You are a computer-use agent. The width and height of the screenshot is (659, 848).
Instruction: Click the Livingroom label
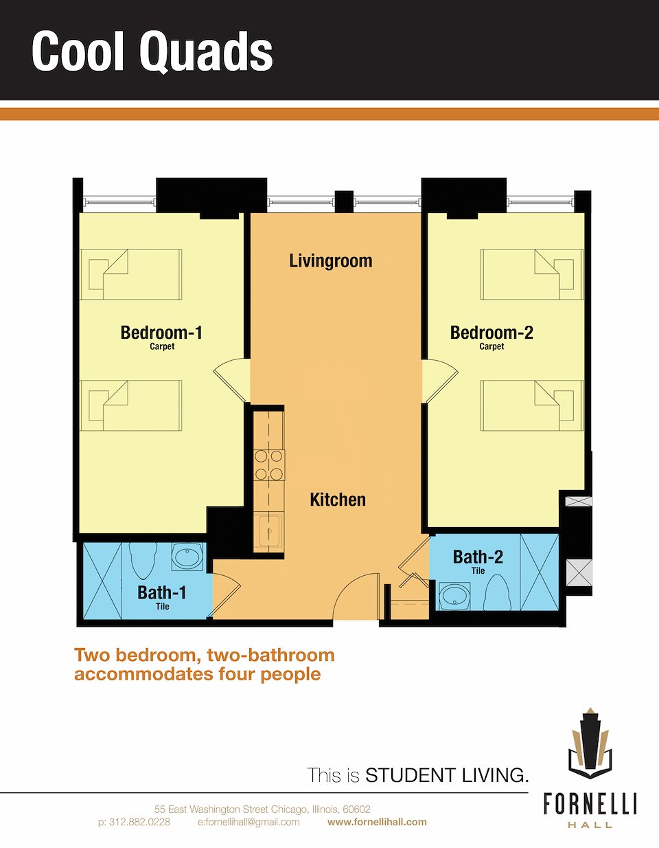(330, 261)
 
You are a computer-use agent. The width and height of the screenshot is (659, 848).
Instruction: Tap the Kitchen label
(338, 500)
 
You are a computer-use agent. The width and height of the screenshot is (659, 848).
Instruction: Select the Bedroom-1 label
(161, 333)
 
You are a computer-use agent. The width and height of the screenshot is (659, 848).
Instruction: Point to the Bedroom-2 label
(492, 333)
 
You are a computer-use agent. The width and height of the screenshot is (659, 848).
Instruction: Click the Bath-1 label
(162, 592)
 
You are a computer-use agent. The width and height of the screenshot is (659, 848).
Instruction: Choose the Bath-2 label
(478, 557)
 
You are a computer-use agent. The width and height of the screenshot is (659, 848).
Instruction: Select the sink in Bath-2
(454, 596)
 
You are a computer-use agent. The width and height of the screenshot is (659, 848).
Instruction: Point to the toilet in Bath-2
(497, 593)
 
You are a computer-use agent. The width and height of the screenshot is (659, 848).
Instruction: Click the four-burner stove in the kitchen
(269, 465)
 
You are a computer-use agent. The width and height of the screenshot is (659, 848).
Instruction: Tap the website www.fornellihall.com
(377, 822)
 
